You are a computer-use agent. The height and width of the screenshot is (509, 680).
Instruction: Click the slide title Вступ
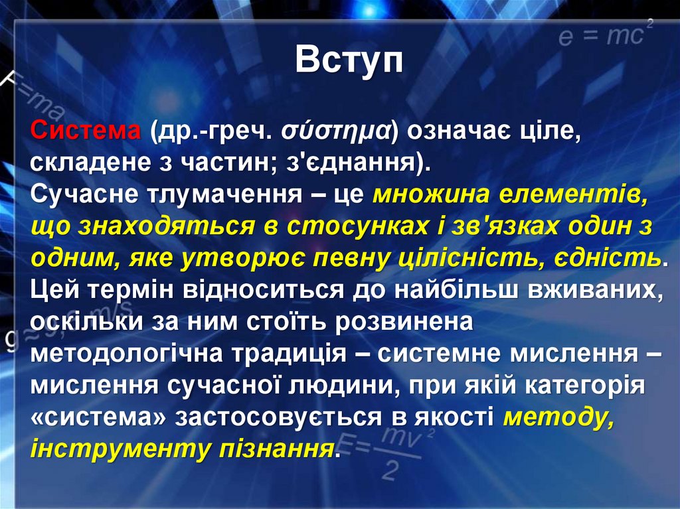point(349,61)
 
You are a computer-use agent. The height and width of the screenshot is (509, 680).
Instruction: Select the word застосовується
point(290,417)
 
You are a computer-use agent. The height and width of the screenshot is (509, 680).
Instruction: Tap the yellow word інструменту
point(120,449)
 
